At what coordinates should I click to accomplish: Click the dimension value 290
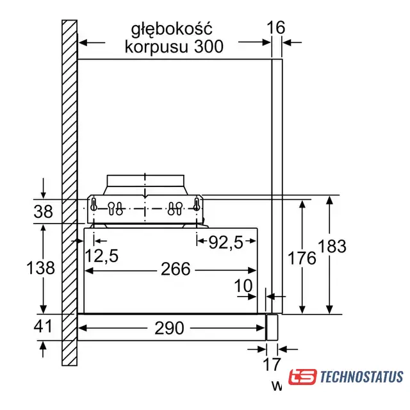(169, 328)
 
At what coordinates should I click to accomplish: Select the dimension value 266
(176, 269)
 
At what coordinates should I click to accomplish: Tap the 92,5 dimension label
(226, 242)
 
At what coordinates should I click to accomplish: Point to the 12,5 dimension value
(102, 256)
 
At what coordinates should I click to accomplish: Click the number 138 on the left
(40, 268)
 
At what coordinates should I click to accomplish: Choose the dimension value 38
(43, 211)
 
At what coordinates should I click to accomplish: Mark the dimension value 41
(43, 326)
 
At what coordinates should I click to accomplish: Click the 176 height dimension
(302, 258)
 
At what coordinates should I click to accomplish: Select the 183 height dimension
(332, 246)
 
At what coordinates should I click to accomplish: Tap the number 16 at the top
(275, 28)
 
